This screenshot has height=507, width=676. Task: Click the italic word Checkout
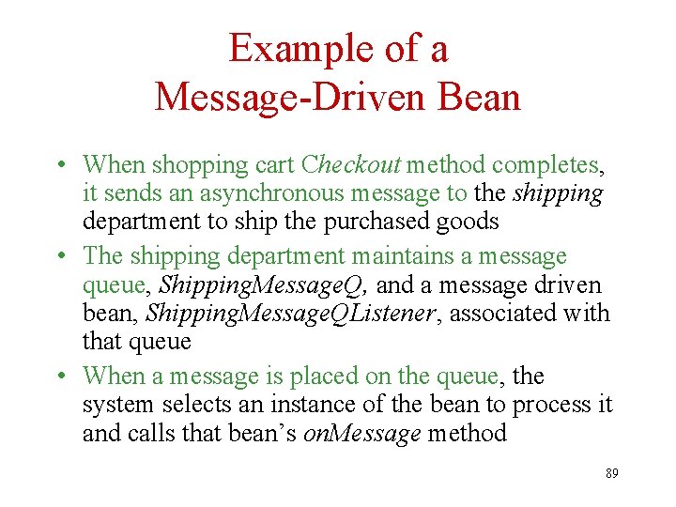(351, 164)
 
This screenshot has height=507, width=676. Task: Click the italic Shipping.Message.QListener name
(292, 313)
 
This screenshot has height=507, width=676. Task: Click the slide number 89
(611, 473)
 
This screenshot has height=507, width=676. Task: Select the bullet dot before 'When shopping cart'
(60, 165)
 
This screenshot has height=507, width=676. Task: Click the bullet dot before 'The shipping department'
(60, 256)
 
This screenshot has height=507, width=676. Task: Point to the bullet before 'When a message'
(60, 376)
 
